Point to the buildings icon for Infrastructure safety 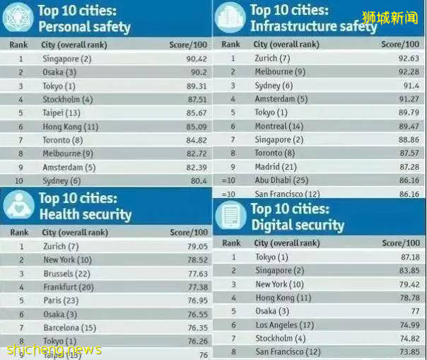pyautogui.click(x=230, y=18)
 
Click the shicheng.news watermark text pyautogui.click(x=51, y=350)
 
